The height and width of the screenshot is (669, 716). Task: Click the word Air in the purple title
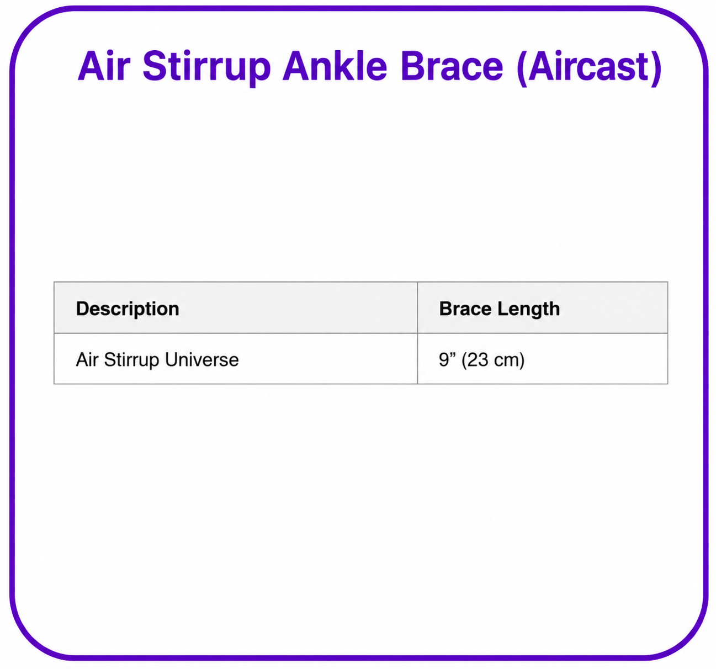104,66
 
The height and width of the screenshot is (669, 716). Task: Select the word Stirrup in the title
206,68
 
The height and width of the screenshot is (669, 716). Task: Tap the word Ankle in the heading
335,66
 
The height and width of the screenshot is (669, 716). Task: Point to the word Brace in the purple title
452,66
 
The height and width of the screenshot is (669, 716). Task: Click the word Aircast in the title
588,66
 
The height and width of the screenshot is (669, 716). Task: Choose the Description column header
128,309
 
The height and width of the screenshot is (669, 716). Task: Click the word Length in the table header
528,310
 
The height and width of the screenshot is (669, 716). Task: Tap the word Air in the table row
87,359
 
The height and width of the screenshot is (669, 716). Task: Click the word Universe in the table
202,359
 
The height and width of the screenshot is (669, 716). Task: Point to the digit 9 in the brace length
443,360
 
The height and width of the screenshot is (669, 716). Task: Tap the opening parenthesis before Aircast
522,68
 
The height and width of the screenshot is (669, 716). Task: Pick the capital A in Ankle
296,66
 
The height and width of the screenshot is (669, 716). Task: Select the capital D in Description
83,309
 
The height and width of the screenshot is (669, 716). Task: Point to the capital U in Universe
172,359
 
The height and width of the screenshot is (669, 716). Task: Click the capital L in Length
503,309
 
